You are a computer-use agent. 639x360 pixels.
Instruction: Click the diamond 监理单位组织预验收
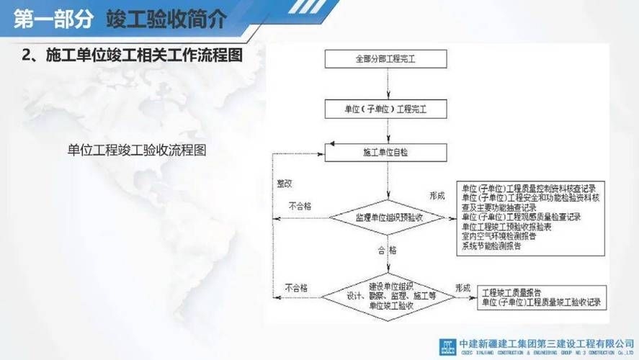point(388,216)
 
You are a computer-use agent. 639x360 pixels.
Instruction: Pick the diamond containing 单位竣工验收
point(391,295)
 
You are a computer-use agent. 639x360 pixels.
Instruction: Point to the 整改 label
point(285,183)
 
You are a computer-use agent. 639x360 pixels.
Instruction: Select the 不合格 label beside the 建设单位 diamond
point(295,288)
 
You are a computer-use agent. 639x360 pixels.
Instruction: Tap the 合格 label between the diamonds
point(387,251)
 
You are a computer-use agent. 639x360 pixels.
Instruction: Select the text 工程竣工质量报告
point(512,293)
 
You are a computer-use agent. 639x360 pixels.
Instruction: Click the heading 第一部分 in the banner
point(53,19)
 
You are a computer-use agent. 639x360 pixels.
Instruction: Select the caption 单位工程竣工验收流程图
point(138,150)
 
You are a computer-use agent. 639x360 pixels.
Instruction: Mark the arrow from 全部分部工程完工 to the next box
point(388,84)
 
